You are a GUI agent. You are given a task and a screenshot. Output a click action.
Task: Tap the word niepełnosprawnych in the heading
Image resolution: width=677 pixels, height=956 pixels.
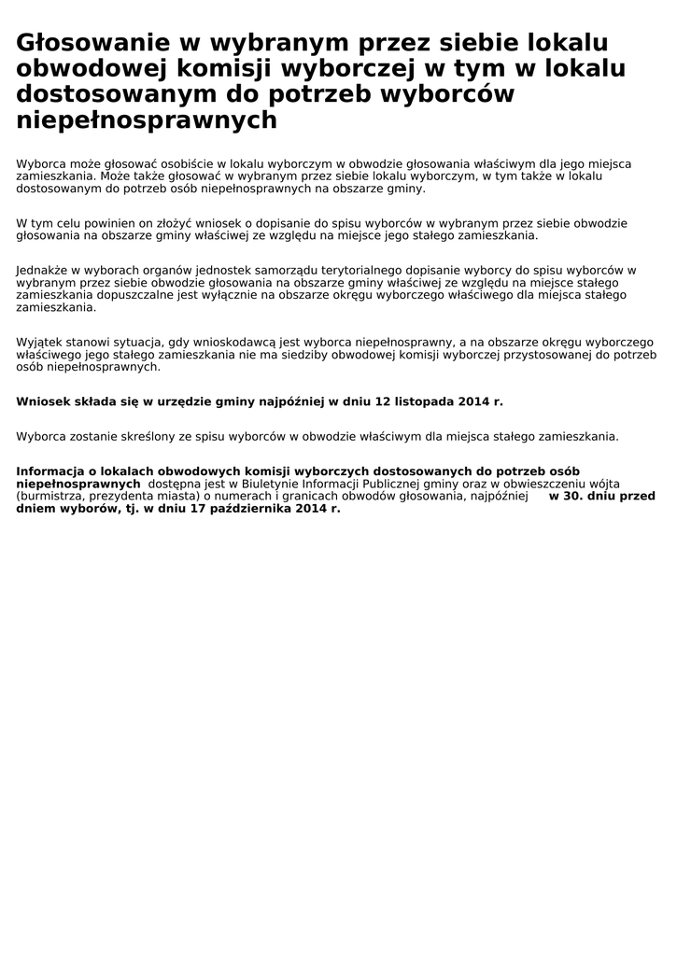tap(147, 120)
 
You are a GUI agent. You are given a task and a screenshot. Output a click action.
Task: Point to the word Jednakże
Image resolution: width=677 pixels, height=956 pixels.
tap(42, 270)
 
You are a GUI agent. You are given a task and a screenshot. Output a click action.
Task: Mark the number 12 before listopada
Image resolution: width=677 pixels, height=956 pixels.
tap(383, 401)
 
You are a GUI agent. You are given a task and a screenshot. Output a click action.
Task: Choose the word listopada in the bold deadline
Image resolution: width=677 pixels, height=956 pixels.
tap(424, 401)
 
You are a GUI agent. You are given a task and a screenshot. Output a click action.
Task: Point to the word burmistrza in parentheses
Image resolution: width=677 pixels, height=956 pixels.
tap(49, 497)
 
